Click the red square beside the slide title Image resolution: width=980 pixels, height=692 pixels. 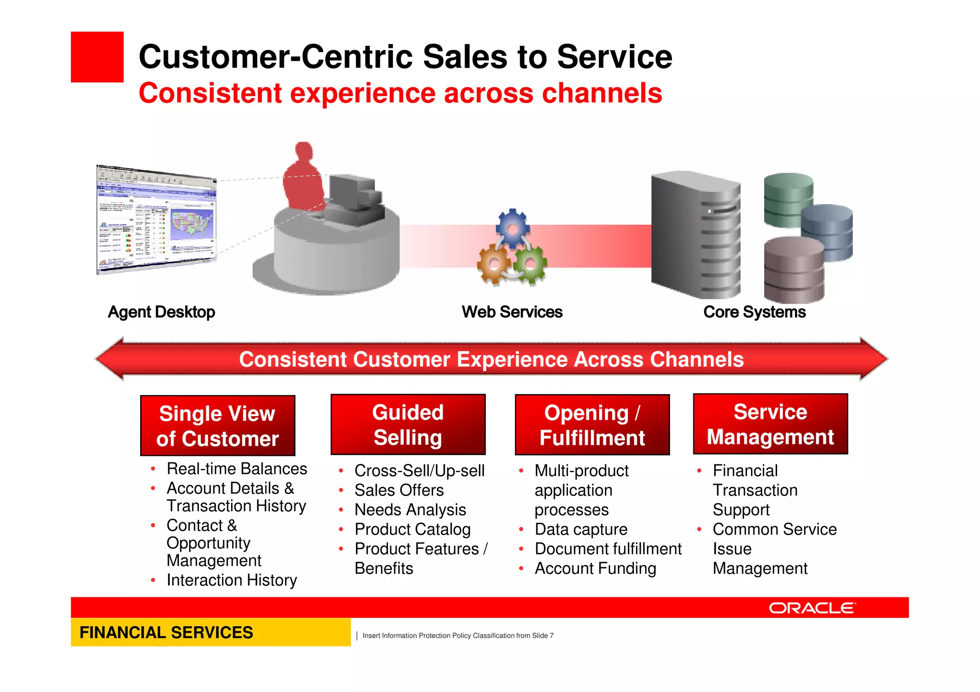[97, 57]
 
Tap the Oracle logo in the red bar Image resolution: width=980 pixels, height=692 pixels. [812, 608]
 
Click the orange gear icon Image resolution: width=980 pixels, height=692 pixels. [494, 264]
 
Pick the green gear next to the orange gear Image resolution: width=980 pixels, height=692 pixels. [530, 264]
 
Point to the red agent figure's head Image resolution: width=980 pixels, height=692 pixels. [304, 152]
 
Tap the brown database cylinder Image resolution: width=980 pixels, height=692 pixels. [793, 270]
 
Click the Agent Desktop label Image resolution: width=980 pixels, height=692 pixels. [161, 312]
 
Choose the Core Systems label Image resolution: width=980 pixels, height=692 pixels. [754, 312]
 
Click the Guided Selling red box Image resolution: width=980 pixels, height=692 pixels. [408, 425]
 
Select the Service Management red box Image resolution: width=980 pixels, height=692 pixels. [770, 424]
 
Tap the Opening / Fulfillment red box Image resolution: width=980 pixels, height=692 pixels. [592, 425]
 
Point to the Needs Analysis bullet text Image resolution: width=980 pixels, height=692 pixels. [410, 510]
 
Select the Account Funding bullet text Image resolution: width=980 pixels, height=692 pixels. [595, 569]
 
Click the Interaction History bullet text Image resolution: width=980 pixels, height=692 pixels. [232, 580]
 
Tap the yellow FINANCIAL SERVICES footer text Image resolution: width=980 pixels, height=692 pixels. [166, 632]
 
